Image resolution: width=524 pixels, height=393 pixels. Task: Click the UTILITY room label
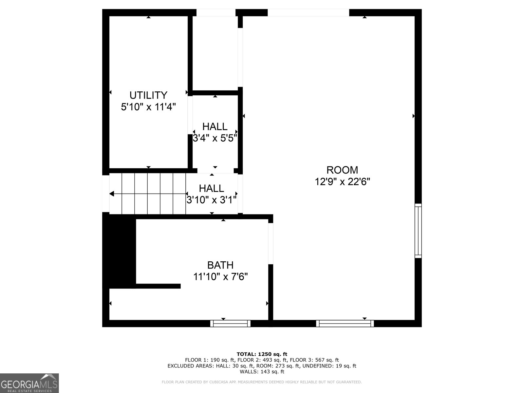(x=148, y=95)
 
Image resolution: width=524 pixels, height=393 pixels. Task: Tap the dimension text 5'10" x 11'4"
(x=148, y=107)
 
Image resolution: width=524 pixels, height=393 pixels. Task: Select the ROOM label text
(x=342, y=170)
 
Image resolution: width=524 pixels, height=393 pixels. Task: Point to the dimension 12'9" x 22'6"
(x=342, y=181)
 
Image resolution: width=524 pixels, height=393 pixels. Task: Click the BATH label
(x=220, y=265)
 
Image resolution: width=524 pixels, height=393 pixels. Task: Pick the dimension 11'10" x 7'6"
(x=220, y=277)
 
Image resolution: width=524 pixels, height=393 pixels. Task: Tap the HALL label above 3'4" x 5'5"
(x=215, y=126)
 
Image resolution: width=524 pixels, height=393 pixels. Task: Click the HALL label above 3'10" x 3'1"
(x=211, y=188)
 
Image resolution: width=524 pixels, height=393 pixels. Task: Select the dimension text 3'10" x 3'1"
(x=211, y=200)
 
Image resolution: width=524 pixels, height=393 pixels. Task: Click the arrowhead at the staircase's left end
(x=112, y=194)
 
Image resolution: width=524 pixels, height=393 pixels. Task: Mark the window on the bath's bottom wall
(x=230, y=324)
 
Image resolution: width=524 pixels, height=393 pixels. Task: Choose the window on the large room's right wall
(x=418, y=231)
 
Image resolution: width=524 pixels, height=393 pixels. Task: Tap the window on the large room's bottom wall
(x=345, y=324)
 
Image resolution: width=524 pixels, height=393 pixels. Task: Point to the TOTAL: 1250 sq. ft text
(x=262, y=354)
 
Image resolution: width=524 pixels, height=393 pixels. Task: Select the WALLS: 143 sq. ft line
(x=262, y=372)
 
